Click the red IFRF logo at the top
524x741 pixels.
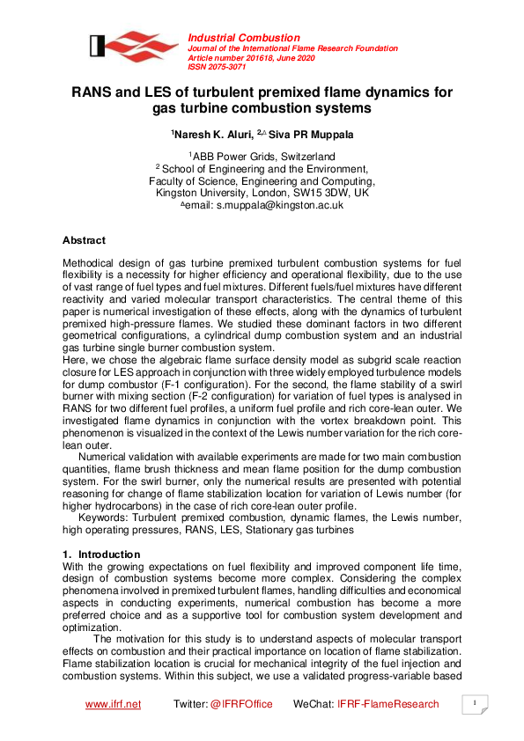133,47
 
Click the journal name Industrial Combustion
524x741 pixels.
232,37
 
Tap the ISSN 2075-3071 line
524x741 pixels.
217,67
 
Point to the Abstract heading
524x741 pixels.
84,240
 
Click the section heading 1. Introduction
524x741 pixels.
101,554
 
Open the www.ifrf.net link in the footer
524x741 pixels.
113,704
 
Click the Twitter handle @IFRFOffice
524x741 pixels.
240,704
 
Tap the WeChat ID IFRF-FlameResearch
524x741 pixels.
387,704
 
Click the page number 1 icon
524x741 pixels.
475,704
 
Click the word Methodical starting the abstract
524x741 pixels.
92,263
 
